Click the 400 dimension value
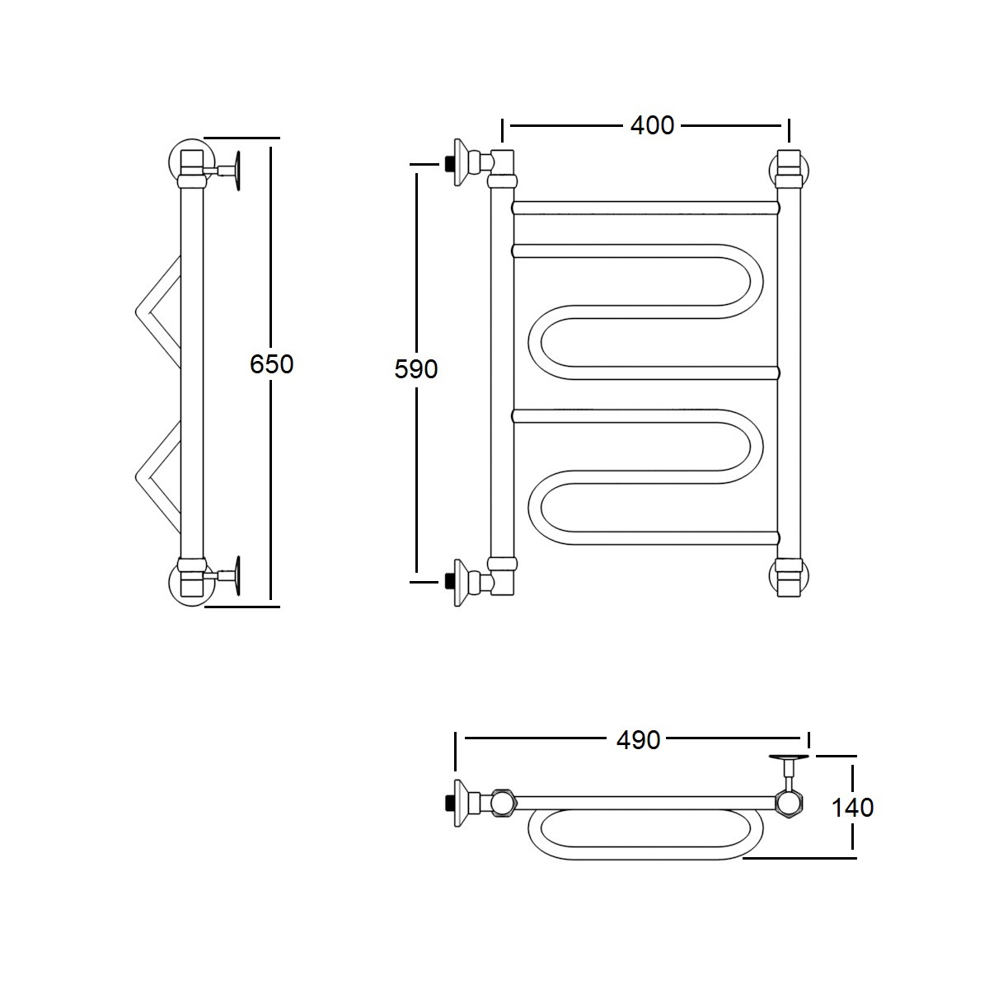(652, 126)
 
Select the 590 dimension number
(415, 369)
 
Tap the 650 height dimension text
(271, 364)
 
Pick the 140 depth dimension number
(852, 808)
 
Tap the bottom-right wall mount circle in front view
(790, 577)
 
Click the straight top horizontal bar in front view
(645, 208)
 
